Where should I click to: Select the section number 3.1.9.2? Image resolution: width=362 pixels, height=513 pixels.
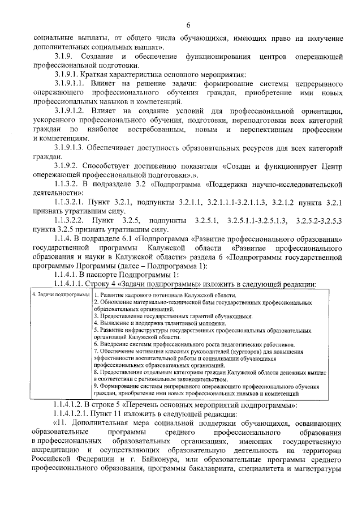(x=66, y=167)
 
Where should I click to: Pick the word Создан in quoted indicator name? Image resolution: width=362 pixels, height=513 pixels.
(x=247, y=167)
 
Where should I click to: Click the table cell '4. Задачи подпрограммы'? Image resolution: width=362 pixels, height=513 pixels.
(x=61, y=294)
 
